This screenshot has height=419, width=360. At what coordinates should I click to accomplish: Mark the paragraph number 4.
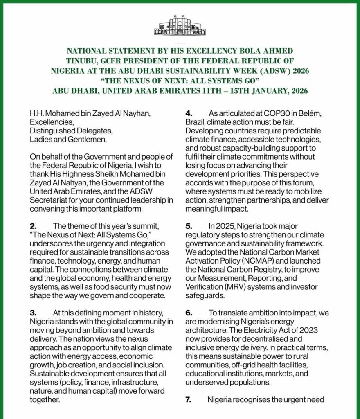click(188, 113)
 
